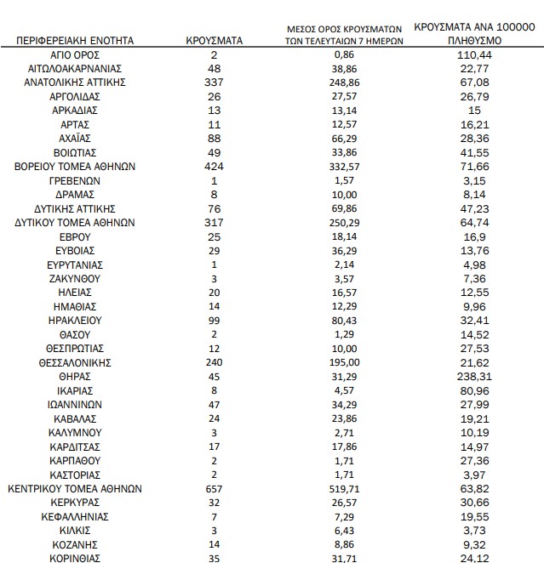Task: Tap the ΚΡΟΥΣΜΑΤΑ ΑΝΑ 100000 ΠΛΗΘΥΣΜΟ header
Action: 474,34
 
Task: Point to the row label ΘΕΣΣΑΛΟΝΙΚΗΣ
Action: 77,361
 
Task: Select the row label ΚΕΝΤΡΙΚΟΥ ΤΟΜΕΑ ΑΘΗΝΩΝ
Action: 77,488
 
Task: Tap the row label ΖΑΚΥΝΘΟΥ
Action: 77,278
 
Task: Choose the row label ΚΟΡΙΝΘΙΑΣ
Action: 77,558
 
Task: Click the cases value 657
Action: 215,488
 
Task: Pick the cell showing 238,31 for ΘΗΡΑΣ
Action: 474,376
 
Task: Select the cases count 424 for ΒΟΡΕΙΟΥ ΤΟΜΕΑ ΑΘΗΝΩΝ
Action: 215,166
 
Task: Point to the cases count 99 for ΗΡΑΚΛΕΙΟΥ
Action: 215,320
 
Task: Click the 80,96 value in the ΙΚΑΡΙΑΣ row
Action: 474,390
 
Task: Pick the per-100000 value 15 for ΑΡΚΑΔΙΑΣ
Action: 474,110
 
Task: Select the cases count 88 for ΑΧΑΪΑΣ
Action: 215,138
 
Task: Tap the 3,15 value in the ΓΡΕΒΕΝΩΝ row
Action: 474,180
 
